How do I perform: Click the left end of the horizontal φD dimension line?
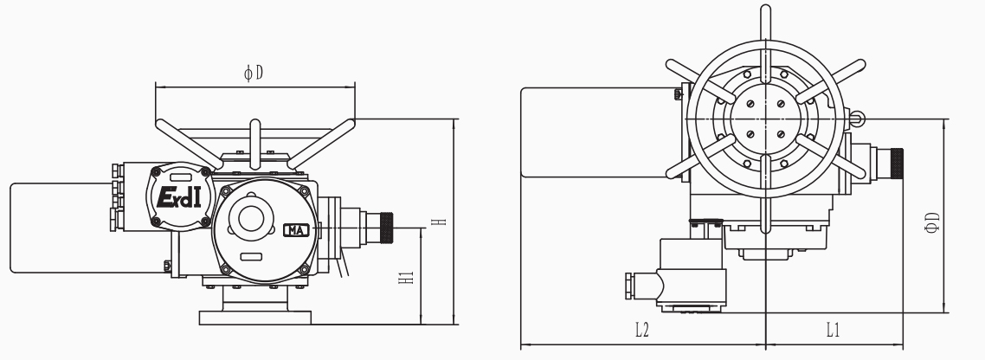(156, 87)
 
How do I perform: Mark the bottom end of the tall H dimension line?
(454, 325)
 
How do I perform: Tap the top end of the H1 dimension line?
(422, 228)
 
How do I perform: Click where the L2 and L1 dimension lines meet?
(766, 344)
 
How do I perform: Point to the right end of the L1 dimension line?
(903, 344)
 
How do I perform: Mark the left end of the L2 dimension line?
(521, 344)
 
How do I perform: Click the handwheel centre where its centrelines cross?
(765, 119)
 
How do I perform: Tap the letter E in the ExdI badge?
(164, 197)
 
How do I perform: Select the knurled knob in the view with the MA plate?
(386, 228)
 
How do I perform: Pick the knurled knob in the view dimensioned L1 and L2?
(897, 164)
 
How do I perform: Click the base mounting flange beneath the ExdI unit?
(255, 318)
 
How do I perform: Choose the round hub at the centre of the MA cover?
(251, 219)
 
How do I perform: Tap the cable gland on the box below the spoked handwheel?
(642, 286)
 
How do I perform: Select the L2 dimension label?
(641, 330)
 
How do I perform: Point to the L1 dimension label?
(833, 330)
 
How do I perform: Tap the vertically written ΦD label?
(932, 222)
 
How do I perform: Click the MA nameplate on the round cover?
(296, 230)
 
